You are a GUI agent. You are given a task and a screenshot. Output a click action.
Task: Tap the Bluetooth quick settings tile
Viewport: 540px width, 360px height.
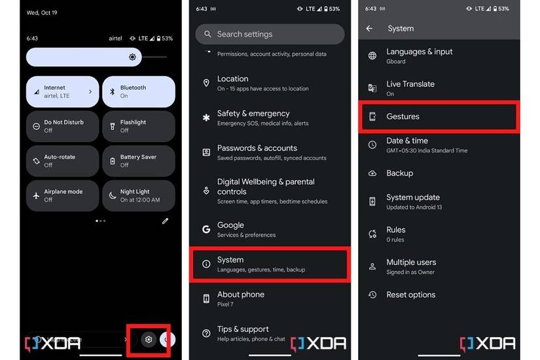(139, 92)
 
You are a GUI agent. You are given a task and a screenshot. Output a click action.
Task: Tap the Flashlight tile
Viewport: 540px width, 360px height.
(139, 126)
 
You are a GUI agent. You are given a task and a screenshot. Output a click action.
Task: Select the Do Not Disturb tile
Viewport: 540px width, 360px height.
(62, 126)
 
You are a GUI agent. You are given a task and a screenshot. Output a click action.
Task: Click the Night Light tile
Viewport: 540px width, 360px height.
(139, 195)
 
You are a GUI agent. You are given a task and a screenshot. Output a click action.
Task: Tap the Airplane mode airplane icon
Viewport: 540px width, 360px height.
(36, 196)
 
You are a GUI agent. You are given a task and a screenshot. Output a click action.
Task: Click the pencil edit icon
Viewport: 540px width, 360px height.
(166, 221)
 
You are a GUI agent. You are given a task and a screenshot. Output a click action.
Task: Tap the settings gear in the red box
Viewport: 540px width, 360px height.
(149, 339)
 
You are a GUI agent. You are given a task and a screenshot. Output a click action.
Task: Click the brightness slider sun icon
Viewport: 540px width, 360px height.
(132, 57)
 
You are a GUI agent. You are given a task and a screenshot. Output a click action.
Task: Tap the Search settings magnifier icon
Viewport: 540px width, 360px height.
(207, 34)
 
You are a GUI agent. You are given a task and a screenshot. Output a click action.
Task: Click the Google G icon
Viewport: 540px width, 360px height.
(206, 229)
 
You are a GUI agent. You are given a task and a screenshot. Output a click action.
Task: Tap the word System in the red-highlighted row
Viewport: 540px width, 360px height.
(230, 260)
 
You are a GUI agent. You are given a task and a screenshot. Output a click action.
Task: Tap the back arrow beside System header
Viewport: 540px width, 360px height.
(370, 29)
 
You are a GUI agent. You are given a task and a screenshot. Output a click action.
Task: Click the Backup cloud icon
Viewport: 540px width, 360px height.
(372, 173)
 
